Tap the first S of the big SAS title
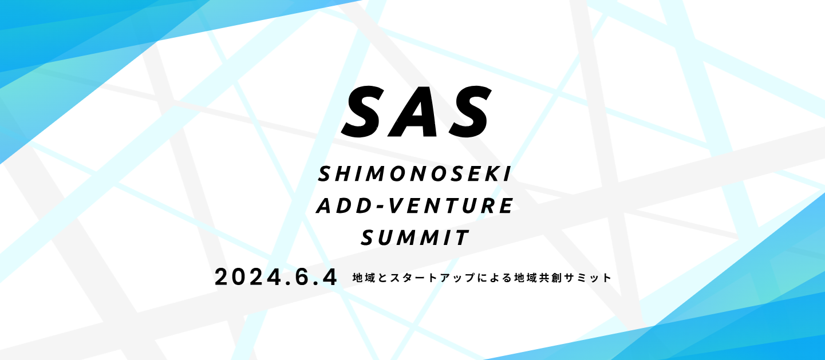[x=363, y=112]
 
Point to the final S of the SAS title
[x=468, y=112]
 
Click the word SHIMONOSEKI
[x=415, y=174]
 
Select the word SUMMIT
[x=415, y=238]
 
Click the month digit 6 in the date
[x=302, y=277]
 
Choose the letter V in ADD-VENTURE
[x=397, y=206]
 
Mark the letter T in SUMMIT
[x=463, y=238]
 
